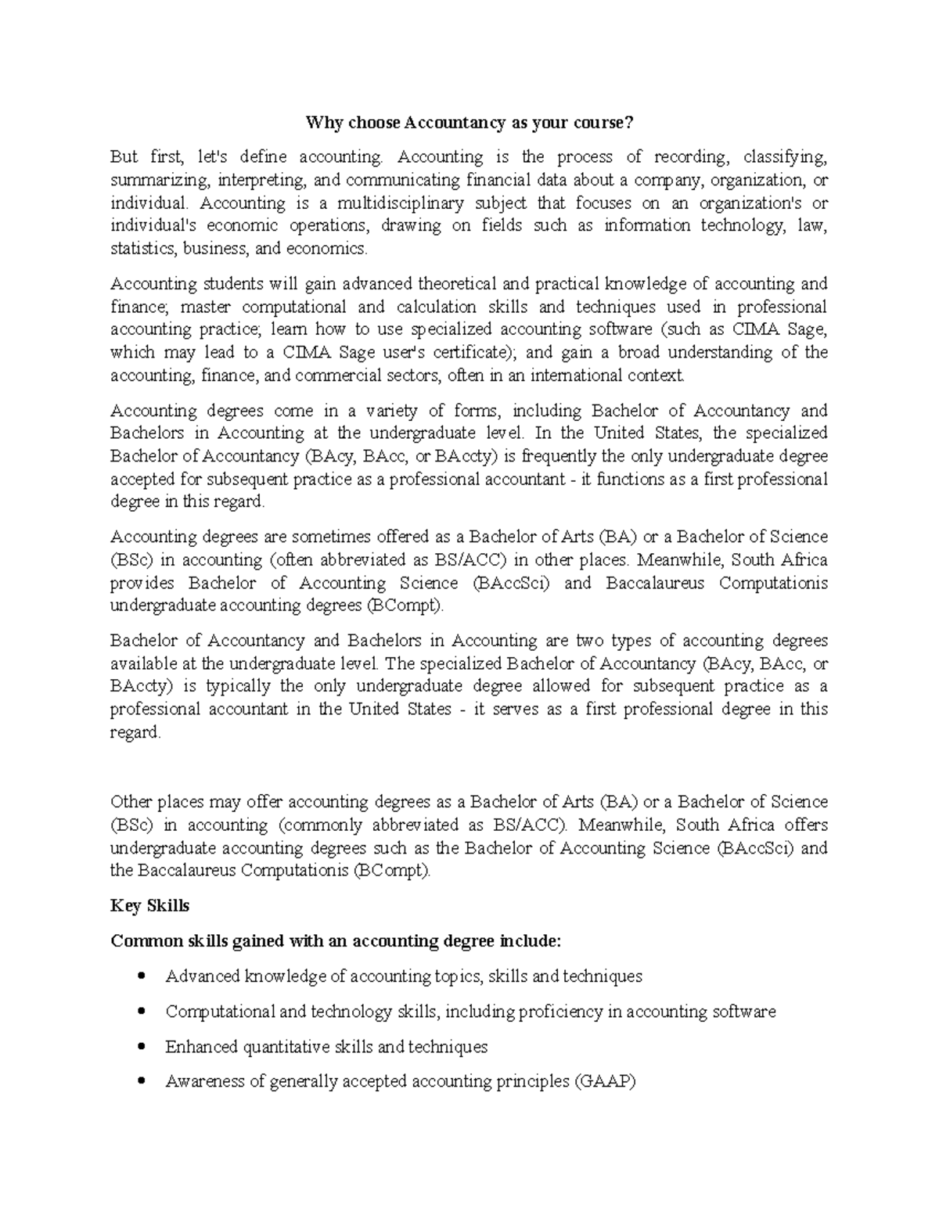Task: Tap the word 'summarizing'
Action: tap(160, 181)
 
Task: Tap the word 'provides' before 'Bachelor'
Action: tap(139, 584)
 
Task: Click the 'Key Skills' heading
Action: tap(150, 906)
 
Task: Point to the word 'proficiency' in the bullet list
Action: tap(538, 1012)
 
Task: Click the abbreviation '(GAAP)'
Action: tap(604, 1082)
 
